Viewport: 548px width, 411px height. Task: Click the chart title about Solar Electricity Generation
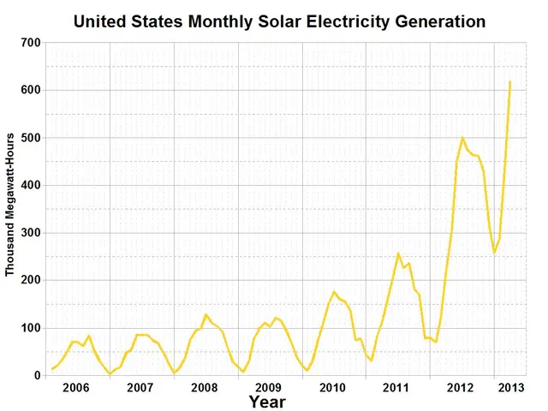coord(279,20)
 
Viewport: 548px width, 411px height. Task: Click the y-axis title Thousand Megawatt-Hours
coord(10,204)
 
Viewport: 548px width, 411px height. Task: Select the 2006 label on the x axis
coord(76,388)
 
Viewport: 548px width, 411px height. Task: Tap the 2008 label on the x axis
coord(205,388)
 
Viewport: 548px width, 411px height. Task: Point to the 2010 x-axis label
coord(332,388)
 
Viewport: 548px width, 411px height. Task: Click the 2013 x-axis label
coord(510,388)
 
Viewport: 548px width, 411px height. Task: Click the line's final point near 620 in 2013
coord(510,82)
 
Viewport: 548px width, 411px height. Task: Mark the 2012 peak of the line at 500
coord(462,138)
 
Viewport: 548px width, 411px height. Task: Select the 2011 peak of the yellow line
coord(398,253)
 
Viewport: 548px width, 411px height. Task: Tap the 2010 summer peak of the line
coord(334,292)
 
